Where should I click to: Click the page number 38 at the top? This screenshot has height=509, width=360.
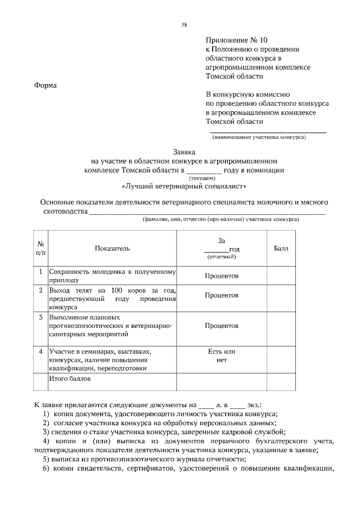pyautogui.click(x=184, y=25)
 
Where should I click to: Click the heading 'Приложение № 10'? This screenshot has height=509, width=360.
pyautogui.click(x=233, y=40)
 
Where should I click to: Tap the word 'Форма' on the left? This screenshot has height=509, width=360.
pyautogui.click(x=46, y=85)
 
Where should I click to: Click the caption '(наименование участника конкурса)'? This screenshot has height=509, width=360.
pyautogui.click(x=258, y=137)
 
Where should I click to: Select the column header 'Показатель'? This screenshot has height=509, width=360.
pyautogui.click(x=112, y=247)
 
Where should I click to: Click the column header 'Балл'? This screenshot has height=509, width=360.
pyautogui.click(x=281, y=247)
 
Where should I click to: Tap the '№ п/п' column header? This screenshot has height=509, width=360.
pyautogui.click(x=41, y=248)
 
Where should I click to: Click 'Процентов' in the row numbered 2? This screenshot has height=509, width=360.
pyautogui.click(x=222, y=295)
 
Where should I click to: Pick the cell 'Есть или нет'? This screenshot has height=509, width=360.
pyautogui.click(x=222, y=356)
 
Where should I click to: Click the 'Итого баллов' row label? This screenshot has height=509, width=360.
pyautogui.click(x=70, y=379)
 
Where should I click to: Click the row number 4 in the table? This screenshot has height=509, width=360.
pyautogui.click(x=41, y=352)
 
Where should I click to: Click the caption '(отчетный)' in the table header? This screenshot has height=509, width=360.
pyautogui.click(x=222, y=256)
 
